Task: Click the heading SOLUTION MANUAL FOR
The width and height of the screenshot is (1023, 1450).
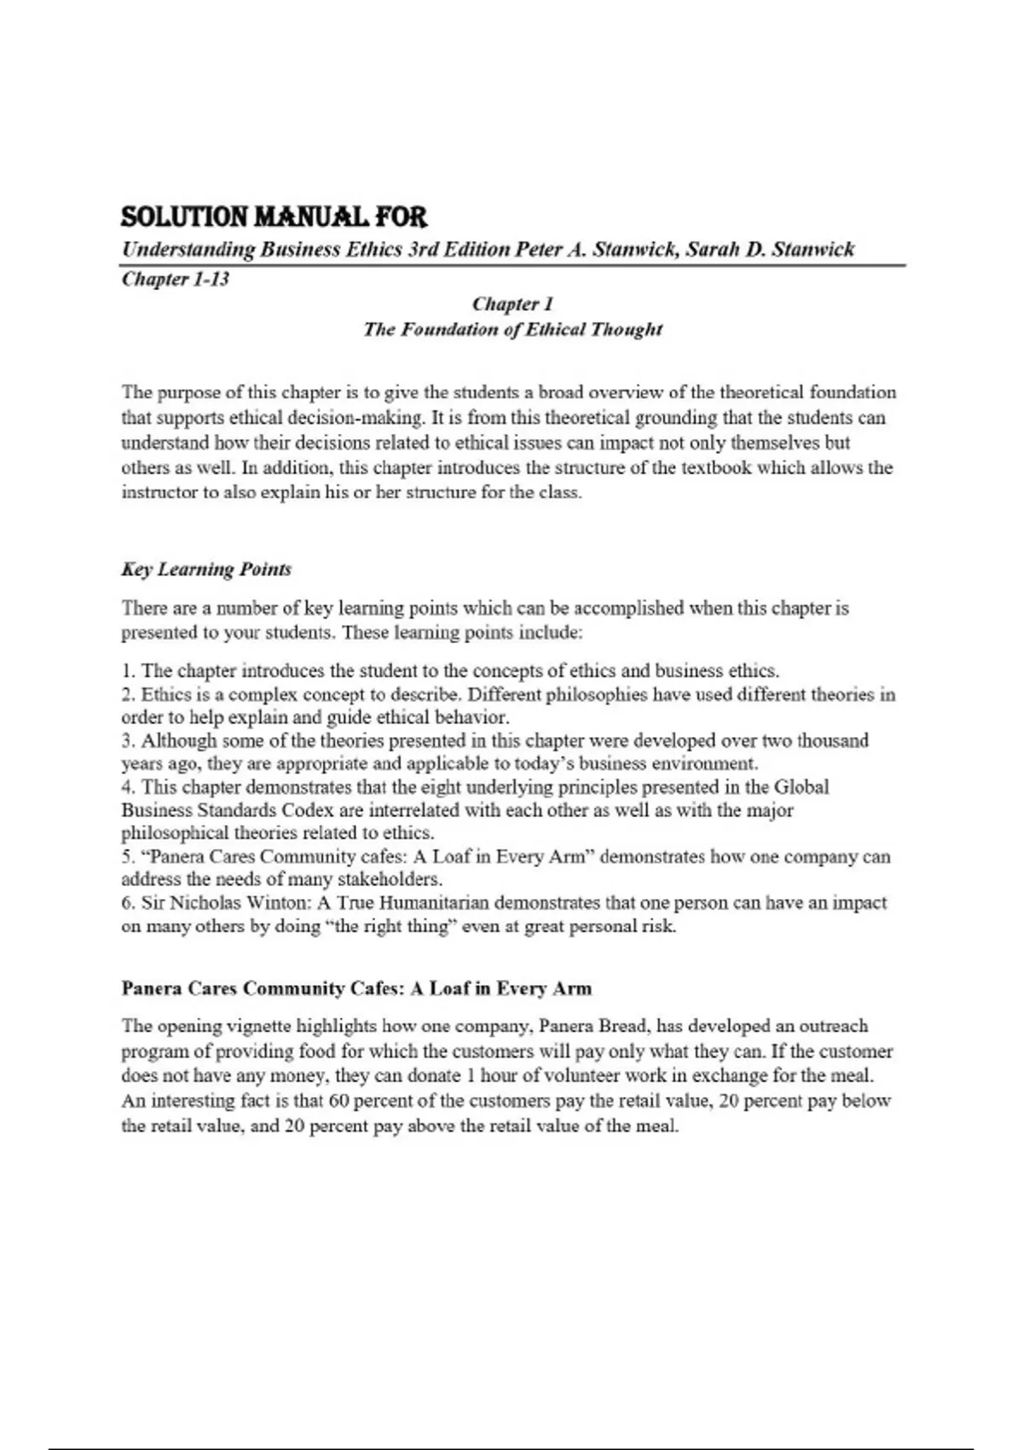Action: (274, 217)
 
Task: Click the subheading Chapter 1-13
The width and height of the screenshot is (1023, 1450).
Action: (175, 279)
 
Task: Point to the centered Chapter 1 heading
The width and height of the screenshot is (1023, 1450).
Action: (512, 304)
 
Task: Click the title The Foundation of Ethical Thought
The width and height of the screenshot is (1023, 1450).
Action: (512, 329)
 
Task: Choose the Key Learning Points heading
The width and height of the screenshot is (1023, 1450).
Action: (206, 569)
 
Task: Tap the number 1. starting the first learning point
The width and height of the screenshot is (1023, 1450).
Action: (128, 671)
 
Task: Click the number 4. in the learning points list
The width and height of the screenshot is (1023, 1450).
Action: (129, 786)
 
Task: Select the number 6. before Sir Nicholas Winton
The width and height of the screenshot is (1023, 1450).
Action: (128, 902)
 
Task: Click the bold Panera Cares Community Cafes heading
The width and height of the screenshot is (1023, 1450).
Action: (355, 989)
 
